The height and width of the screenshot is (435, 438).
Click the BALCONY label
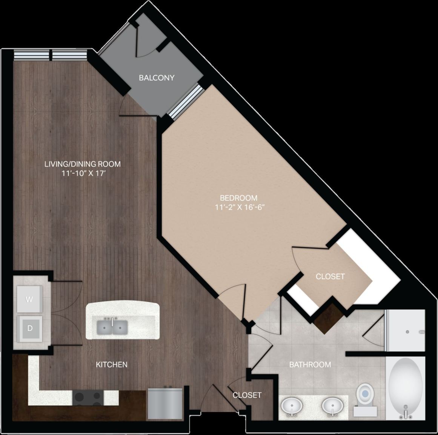157,78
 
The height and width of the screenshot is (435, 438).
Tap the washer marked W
29,299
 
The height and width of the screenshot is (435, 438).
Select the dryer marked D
29,328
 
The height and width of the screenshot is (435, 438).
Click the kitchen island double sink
112,327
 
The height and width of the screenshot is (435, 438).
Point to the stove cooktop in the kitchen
88,397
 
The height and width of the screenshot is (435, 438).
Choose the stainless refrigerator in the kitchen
164,403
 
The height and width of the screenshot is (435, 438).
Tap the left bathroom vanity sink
292,406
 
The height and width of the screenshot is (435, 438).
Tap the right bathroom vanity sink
333,406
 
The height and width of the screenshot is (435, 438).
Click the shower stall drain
407,332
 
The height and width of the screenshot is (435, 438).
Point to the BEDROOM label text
238,198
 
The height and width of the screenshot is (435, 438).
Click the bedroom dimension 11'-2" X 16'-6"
238,207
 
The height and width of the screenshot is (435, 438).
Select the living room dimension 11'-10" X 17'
82,173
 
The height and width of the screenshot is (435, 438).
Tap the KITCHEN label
111,365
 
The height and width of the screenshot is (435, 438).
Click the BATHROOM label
310,365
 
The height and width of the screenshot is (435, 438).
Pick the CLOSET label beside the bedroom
330,276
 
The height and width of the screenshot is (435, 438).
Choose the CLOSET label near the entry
247,395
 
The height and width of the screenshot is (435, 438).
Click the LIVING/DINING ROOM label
82,164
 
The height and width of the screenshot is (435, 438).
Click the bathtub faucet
406,413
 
